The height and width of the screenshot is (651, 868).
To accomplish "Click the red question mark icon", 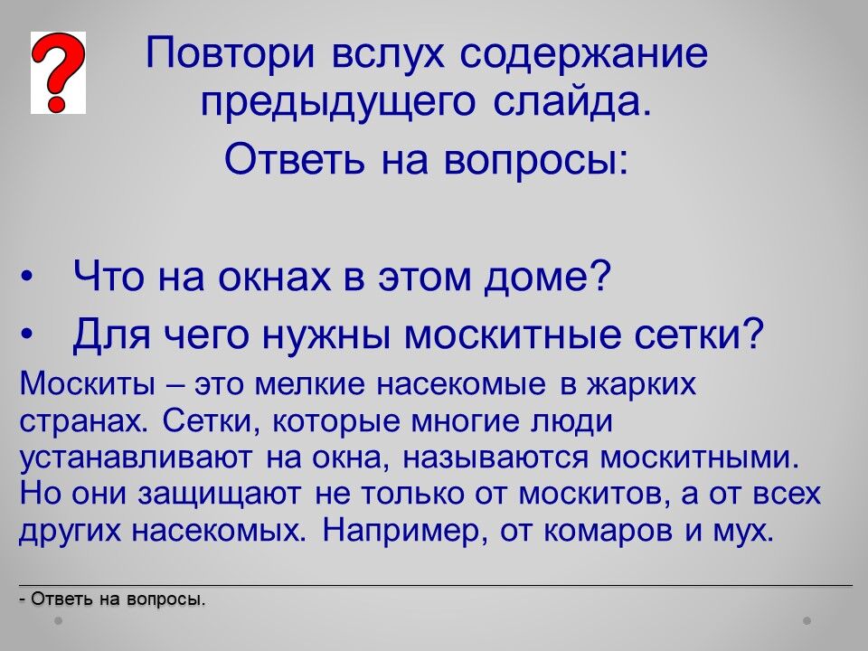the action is coord(58,72).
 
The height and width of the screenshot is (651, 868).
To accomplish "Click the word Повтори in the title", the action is coord(231,53).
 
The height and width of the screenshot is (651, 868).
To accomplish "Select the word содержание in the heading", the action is coord(583,53).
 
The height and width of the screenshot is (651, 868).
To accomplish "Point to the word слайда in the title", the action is coord(572,101).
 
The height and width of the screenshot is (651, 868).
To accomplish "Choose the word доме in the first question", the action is coord(548,276).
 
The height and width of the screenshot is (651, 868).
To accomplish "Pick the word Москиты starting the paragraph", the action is coord(88,382).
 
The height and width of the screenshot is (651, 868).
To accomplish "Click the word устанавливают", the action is coord(135,458).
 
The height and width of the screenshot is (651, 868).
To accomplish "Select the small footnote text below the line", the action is coord(112,599).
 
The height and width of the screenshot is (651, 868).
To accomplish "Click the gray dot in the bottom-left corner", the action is coord(59,620).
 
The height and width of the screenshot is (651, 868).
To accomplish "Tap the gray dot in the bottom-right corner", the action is coord(807,620).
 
